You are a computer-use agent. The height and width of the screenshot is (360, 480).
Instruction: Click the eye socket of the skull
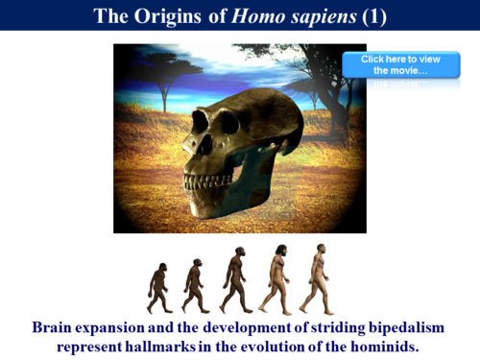(x=204, y=123)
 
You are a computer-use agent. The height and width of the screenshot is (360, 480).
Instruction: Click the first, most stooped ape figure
(x=157, y=285)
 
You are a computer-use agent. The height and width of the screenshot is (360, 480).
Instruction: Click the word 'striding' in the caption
(x=319, y=327)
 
